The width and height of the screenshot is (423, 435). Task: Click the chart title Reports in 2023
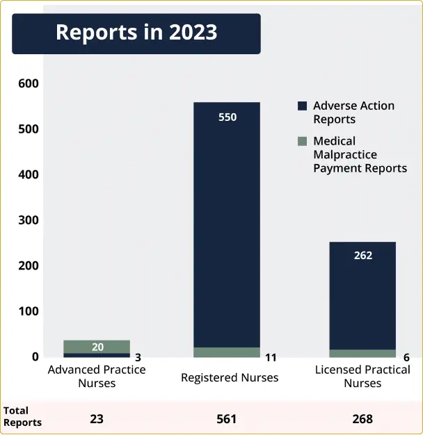tap(136, 33)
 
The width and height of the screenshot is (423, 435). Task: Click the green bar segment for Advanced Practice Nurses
tap(97, 347)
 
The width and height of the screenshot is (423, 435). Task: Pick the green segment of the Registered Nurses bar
tap(226, 352)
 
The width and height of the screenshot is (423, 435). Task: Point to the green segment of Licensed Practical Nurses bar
tap(362, 354)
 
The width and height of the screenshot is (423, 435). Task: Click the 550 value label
tap(227, 117)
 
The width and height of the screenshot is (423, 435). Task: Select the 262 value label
tap(362, 256)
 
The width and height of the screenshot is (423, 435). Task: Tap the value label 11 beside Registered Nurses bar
tap(271, 358)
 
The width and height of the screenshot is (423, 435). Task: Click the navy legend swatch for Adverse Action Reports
tap(302, 106)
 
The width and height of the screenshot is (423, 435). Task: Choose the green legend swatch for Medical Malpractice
tap(302, 141)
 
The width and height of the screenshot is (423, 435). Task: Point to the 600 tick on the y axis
tap(28, 83)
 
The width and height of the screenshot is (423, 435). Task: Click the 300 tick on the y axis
tap(28, 220)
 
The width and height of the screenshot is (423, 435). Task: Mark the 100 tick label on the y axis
tap(28, 311)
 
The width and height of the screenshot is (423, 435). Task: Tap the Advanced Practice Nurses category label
tap(97, 377)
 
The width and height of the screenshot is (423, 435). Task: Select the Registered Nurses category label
tap(230, 377)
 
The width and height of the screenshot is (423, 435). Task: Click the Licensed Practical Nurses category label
tap(362, 377)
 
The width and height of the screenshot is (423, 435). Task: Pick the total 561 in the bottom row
tap(226, 418)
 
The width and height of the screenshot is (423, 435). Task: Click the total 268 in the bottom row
tap(362, 418)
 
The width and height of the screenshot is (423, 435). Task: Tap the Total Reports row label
tap(22, 417)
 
